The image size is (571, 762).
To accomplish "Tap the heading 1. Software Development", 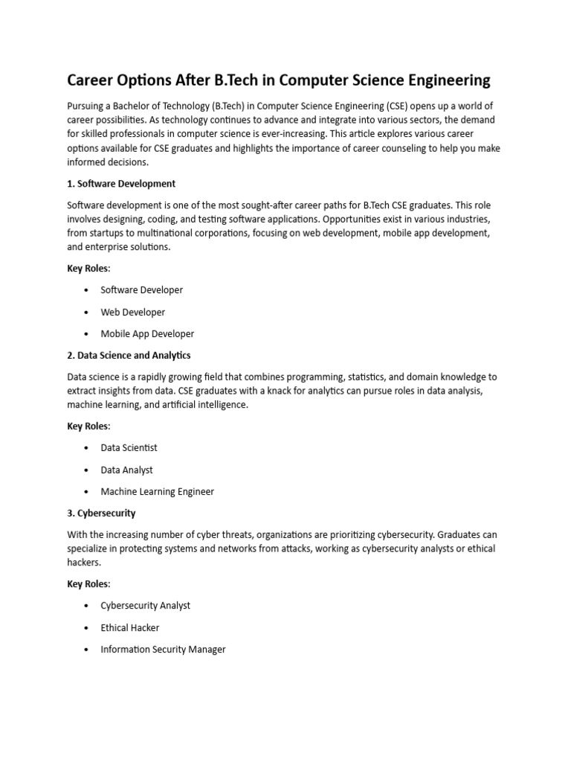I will (121, 183).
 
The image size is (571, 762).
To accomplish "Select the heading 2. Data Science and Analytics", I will (129, 355).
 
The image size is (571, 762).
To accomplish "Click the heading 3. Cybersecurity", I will (101, 513).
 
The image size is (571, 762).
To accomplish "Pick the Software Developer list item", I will (141, 289).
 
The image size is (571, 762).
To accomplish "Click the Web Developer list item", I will (132, 312).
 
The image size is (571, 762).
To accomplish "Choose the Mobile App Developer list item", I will (147, 334).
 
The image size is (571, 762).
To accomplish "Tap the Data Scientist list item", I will (129, 447).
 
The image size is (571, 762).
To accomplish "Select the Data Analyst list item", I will (126, 470).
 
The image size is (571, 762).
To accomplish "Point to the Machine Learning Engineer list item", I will (157, 491).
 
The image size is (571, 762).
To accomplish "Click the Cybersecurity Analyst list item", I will (145, 605).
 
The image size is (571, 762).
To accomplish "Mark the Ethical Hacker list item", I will (129, 627).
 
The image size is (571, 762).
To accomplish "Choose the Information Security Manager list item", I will (163, 649).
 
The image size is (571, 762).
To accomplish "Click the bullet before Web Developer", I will (87, 313).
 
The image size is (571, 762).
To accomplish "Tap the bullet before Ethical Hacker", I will (87, 628).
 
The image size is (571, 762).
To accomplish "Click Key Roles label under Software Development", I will (88, 269).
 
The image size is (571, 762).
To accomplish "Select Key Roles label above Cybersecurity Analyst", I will (88, 584).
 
